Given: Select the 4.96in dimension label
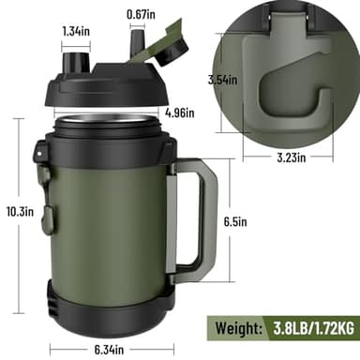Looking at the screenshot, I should [x=178, y=114].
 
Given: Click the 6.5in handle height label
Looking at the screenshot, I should [x=235, y=221].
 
